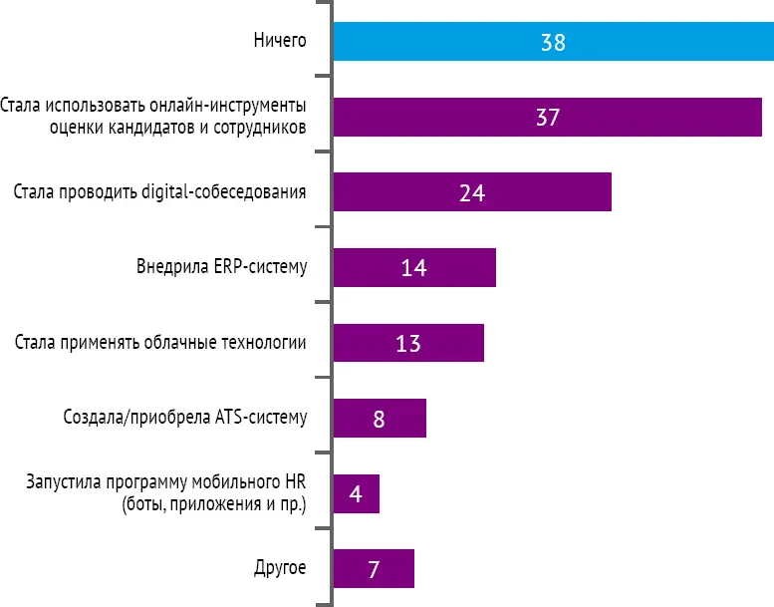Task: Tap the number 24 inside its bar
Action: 471,192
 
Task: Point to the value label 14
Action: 413,267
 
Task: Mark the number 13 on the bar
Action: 407,343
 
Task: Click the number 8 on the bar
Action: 379,418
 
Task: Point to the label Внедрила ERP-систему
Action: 220,267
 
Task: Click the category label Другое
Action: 281,569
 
